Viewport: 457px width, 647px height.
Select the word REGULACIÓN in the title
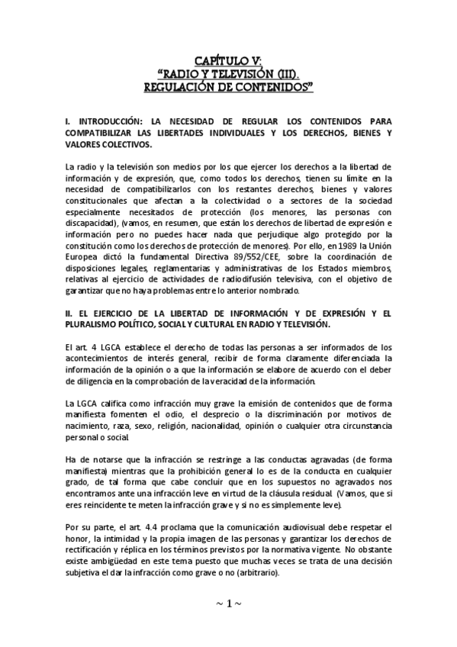tap(182, 87)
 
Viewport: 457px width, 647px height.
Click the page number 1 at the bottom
tap(228, 604)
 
